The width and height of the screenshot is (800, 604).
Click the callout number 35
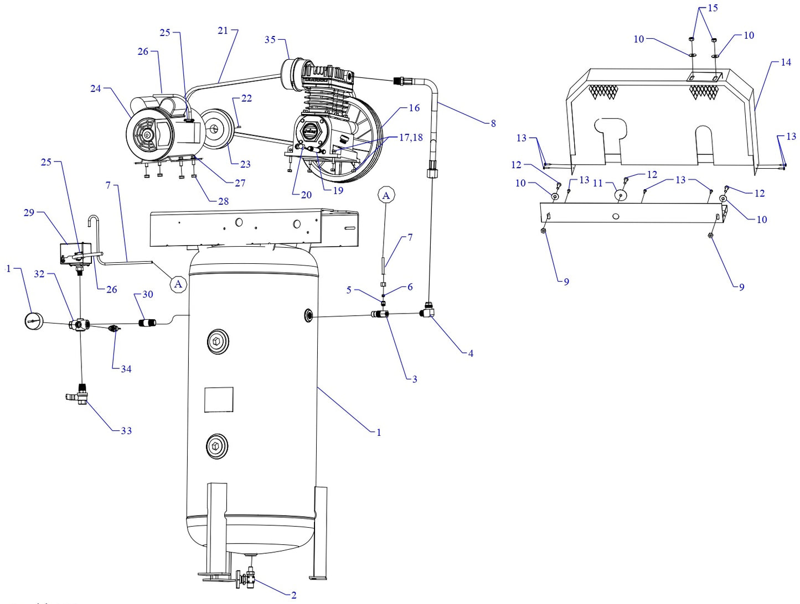point(270,40)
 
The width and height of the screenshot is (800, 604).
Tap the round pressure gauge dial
point(34,321)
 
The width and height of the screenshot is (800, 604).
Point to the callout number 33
point(126,431)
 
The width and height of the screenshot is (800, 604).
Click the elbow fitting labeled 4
point(427,313)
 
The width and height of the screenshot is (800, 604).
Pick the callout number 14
point(786,63)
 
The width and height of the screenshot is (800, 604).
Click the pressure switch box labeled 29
point(75,253)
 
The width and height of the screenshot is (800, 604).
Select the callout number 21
point(223,30)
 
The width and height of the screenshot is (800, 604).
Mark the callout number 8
point(493,123)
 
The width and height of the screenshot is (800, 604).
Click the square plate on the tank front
point(219,399)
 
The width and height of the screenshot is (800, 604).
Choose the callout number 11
point(597,183)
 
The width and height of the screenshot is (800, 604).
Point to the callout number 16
point(414,108)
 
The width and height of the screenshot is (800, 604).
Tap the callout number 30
point(148,294)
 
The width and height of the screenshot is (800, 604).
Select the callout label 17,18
point(411,137)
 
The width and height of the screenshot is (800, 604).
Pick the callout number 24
point(96,88)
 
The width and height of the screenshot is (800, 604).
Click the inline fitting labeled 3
point(380,315)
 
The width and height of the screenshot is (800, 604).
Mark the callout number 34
point(126,369)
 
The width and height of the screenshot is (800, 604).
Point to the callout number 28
point(223,201)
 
